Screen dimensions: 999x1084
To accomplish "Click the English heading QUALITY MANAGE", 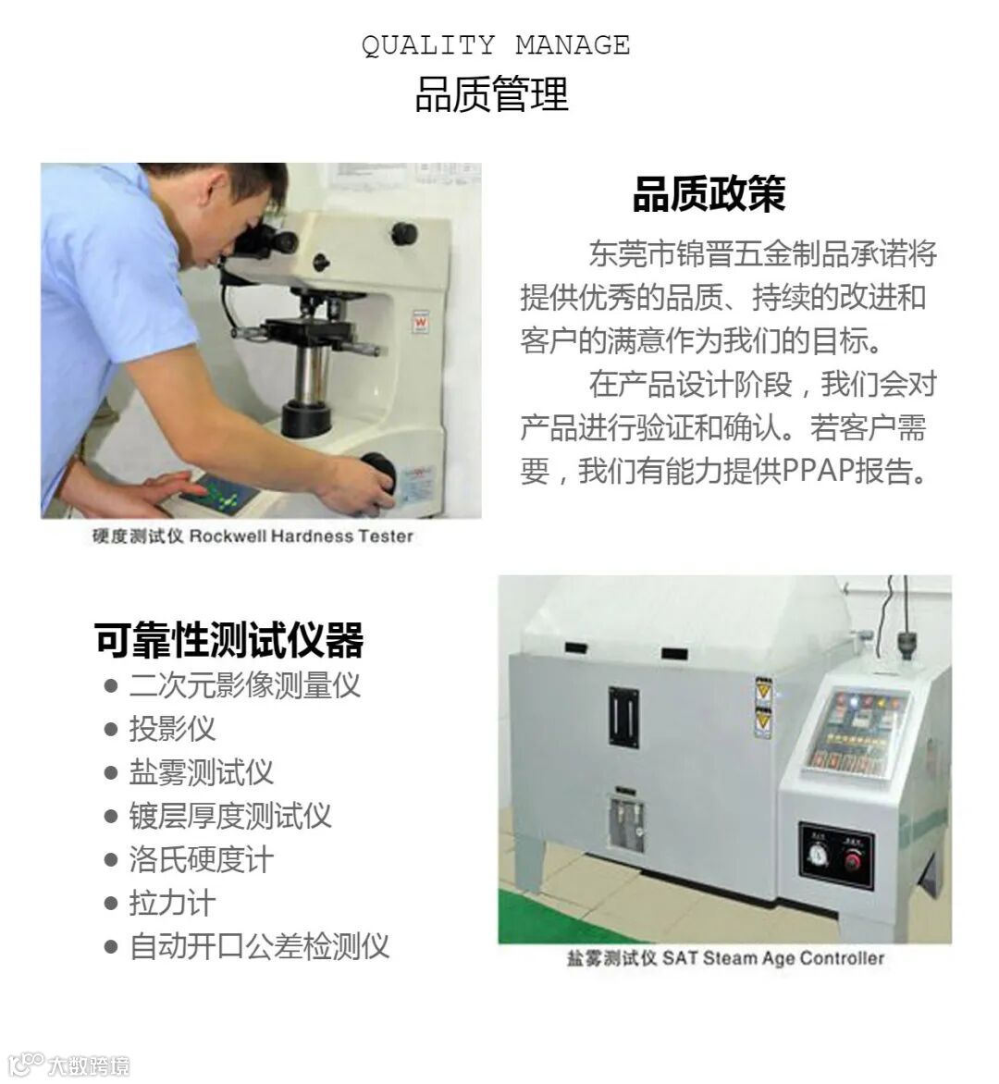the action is (496, 45).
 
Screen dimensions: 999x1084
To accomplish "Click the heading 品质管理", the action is (491, 94).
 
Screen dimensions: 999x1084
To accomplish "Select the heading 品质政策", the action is (709, 193).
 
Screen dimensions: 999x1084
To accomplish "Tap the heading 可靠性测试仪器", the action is (228, 639).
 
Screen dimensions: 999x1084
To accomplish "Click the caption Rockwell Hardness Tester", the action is (302, 536).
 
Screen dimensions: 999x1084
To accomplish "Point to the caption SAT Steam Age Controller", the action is (773, 958).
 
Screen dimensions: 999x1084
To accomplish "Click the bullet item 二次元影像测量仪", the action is (245, 685).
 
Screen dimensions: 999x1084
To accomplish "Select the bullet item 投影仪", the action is (172, 729).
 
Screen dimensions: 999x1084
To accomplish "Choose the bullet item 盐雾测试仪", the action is (201, 772).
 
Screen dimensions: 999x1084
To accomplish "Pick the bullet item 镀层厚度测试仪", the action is (230, 816).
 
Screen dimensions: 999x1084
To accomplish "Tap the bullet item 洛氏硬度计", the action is (201, 859).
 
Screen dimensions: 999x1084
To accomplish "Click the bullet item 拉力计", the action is (172, 903).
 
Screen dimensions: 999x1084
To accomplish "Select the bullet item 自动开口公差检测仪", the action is (259, 946).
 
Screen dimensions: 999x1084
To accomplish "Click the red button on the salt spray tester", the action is (854, 860).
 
